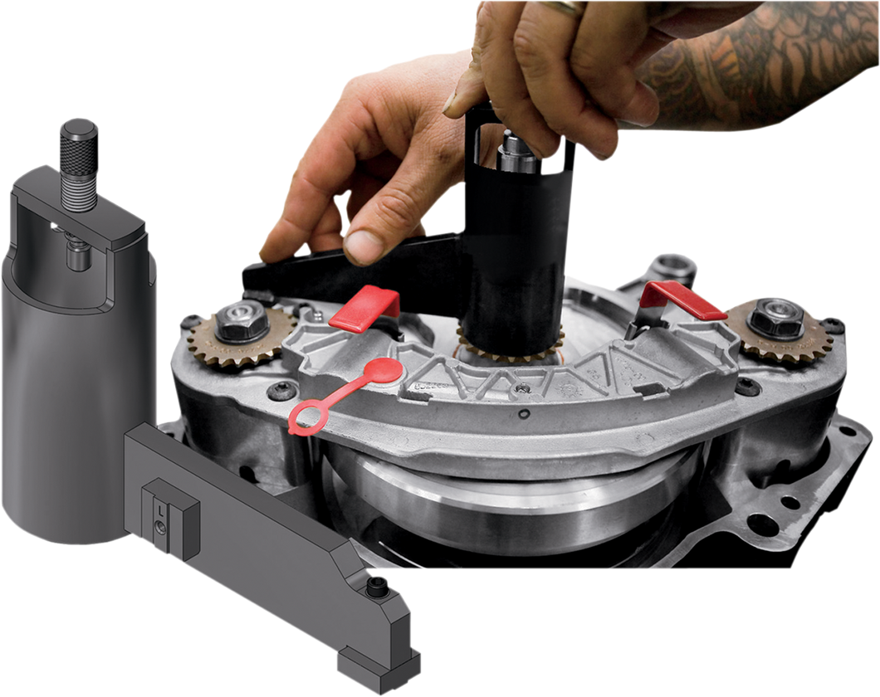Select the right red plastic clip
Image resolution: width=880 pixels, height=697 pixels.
pos(685,300)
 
